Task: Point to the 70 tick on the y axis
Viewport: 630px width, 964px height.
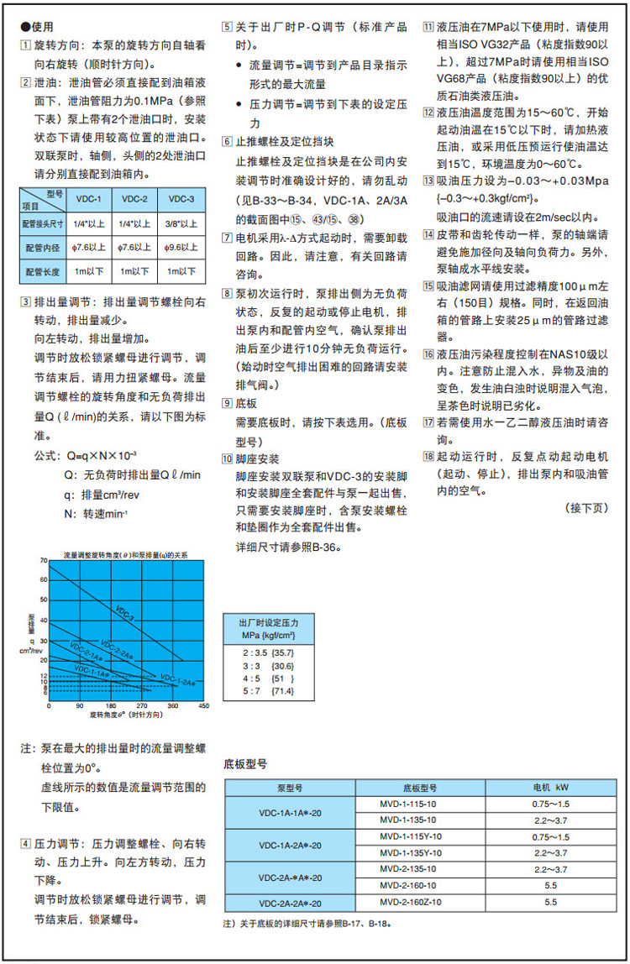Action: [x=44, y=559]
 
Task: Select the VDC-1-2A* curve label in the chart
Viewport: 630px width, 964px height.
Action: [x=177, y=678]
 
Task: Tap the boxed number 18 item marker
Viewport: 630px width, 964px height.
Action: [x=428, y=457]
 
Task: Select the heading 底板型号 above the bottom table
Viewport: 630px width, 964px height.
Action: [x=245, y=764]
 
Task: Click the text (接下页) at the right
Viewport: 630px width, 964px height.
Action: [x=586, y=509]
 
